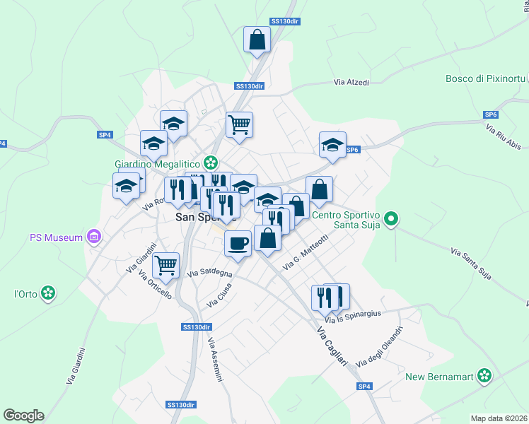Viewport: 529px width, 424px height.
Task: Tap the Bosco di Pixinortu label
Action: (483, 78)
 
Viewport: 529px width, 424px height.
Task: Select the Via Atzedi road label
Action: (351, 83)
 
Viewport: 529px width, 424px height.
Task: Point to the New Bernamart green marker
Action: (484, 375)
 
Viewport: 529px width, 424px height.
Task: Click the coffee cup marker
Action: (238, 243)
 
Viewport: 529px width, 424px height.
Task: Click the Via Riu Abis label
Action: (503, 139)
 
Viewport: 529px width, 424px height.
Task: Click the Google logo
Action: (23, 416)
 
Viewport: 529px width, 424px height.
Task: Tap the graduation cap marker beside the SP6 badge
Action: (332, 145)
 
